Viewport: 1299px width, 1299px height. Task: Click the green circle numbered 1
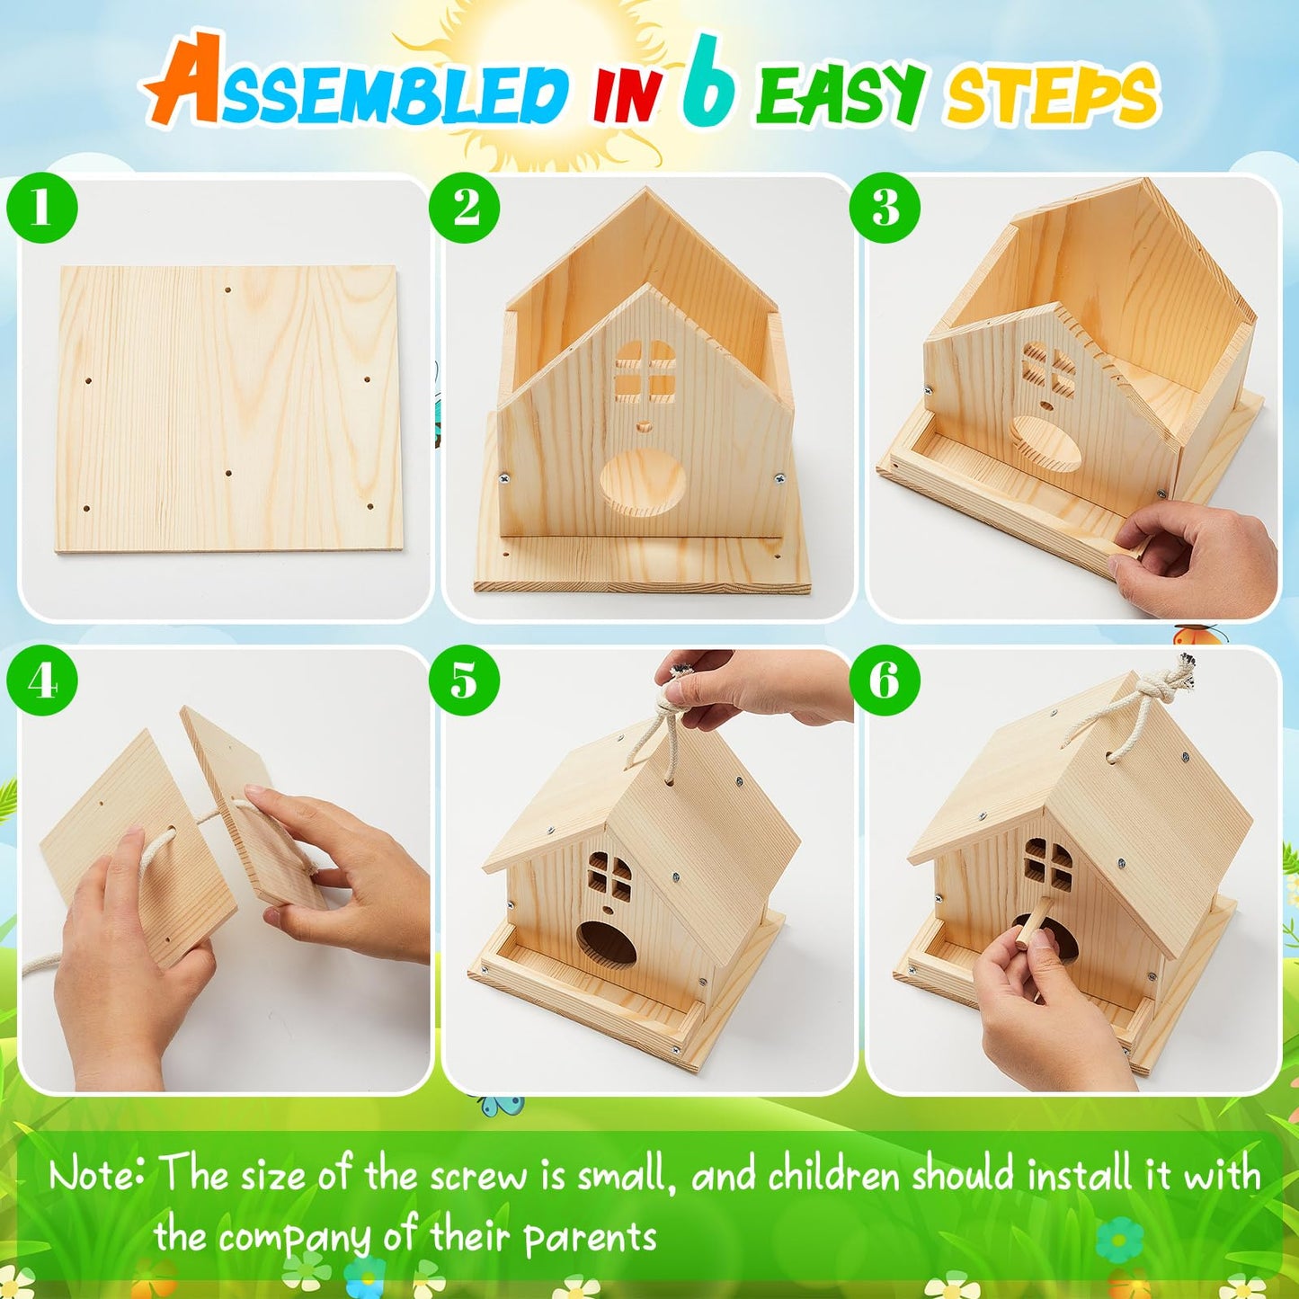[x=41, y=208]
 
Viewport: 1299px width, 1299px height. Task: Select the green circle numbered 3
[x=885, y=208]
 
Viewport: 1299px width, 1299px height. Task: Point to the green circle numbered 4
[x=41, y=680]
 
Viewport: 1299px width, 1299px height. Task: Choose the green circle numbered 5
[x=464, y=680]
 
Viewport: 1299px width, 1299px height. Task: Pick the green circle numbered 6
[x=885, y=680]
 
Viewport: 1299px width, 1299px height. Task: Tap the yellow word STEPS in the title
[x=1050, y=95]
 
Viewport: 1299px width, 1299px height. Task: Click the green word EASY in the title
[x=840, y=93]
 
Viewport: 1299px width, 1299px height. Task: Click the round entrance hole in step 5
[x=605, y=949]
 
